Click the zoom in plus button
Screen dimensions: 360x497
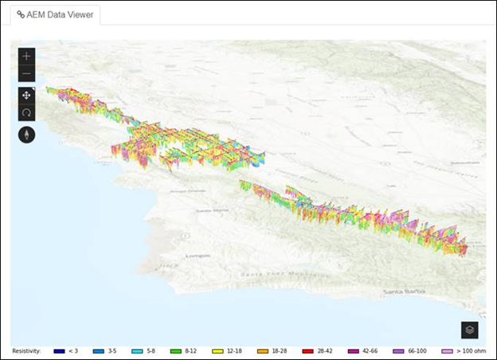coord(27,56)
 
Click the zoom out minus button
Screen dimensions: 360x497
coord(27,73)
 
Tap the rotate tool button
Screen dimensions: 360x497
coord(27,113)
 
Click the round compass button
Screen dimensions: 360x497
coord(27,135)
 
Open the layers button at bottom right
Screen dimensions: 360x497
coord(469,330)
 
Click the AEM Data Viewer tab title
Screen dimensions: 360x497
coord(61,14)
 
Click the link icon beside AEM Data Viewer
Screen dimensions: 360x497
coord(21,14)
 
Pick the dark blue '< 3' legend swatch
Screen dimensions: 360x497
coord(59,350)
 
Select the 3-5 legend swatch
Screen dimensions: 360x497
coord(99,350)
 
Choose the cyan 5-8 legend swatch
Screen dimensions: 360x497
coord(137,350)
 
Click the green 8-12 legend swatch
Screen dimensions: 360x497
coord(176,350)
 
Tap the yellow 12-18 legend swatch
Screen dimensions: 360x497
coord(217,350)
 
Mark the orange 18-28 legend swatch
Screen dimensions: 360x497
coord(262,350)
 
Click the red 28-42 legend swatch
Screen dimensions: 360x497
coord(307,350)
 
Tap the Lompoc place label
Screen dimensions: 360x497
coord(198,256)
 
